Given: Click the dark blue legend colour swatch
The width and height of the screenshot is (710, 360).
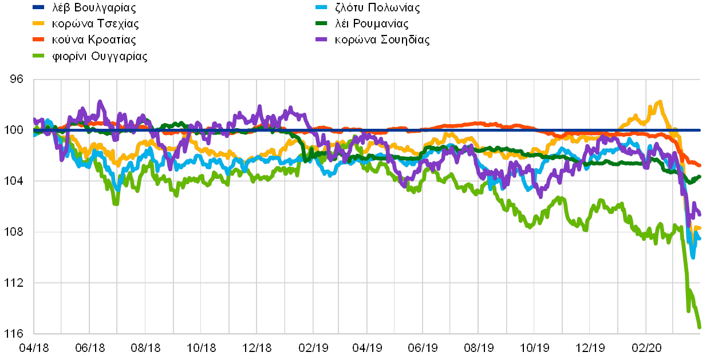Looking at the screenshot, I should coord(38,7).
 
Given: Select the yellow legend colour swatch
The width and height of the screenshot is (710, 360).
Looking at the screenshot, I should coord(38,23).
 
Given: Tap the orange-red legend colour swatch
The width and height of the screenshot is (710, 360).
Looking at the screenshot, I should coord(38,39).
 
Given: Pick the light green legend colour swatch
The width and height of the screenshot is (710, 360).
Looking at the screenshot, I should coord(38,56).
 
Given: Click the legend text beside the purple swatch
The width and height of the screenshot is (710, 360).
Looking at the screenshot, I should coord(382,39).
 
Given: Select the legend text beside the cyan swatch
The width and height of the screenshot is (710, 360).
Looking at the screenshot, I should coord(378,7).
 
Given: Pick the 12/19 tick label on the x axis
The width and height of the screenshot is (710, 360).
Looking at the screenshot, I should coord(590,347).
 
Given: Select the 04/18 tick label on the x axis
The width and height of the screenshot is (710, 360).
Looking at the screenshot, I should coord(34,347).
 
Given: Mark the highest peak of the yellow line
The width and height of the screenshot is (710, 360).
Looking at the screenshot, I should coord(660,102).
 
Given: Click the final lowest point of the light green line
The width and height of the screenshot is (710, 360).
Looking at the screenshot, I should coord(700,328).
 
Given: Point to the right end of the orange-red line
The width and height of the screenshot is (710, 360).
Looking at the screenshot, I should coord(700,165).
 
